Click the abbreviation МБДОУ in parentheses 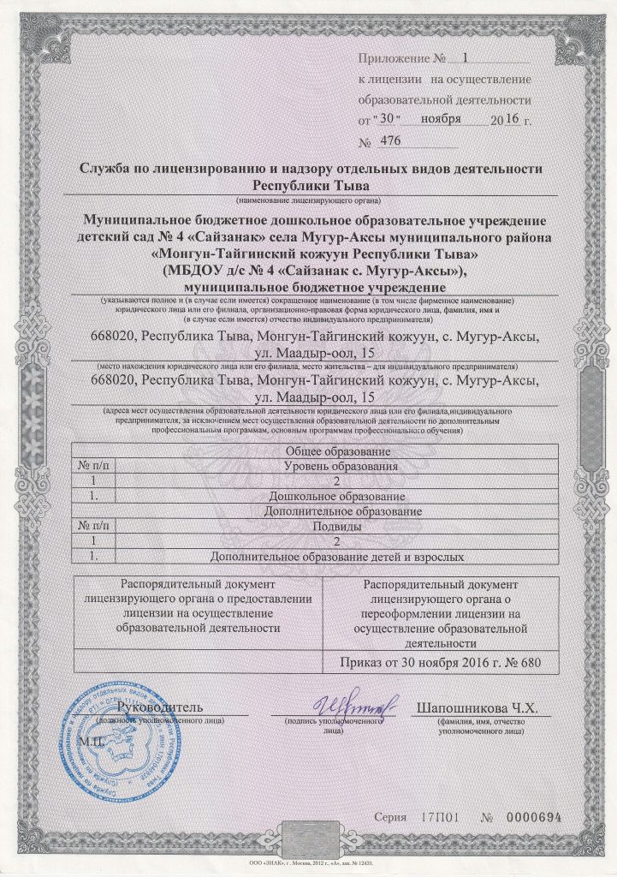pos(202,272)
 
